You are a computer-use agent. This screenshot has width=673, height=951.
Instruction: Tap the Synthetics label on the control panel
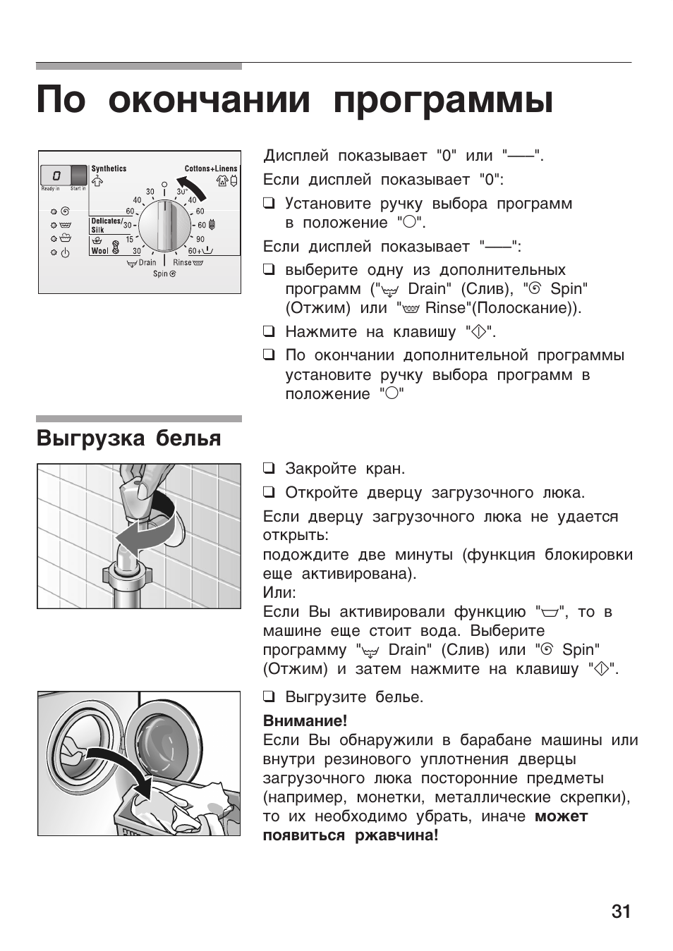click(109, 169)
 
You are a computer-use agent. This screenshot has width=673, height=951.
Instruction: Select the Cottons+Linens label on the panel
click(211, 169)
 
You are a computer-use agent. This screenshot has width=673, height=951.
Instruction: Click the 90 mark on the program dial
click(200, 239)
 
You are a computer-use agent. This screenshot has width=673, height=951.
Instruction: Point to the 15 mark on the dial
click(128, 239)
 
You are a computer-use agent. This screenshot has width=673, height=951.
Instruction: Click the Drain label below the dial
click(147, 262)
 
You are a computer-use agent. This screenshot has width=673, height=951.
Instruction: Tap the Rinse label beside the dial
click(182, 262)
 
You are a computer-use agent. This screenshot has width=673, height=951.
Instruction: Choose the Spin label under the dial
click(161, 274)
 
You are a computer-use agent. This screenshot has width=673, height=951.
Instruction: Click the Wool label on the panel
click(99, 251)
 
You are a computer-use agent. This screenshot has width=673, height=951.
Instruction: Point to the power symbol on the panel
click(65, 253)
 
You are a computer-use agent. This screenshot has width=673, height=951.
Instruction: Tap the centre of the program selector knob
click(164, 226)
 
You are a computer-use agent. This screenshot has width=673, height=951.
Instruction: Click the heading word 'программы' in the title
click(443, 99)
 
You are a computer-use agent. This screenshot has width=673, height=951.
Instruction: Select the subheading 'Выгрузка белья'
click(128, 438)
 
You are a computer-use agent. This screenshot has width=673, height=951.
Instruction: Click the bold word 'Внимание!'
click(305, 720)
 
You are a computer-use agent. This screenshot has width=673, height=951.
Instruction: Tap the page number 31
click(621, 912)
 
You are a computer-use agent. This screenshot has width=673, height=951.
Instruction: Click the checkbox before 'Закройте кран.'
click(268, 468)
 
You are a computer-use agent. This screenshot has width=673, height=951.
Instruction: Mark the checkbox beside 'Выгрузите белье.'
click(268, 697)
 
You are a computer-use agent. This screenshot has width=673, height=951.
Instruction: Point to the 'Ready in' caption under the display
click(51, 189)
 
